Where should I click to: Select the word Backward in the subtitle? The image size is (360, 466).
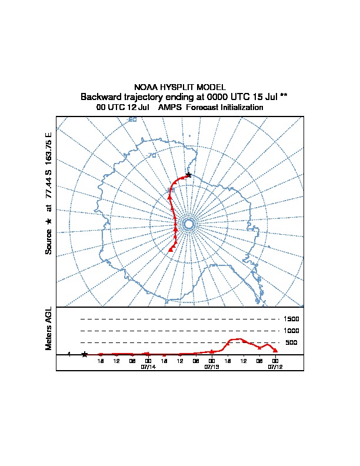pos(101,96)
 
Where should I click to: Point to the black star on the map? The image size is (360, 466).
pos(188,175)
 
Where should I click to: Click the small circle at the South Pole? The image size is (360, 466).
pos(188,224)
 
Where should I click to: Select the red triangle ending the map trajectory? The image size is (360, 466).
pos(171,249)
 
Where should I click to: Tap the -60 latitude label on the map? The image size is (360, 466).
pos(132,119)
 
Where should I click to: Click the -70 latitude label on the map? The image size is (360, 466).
pos(153,155)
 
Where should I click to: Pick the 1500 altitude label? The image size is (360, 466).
pos(292,319)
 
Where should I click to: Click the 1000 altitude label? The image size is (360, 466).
pos(292,331)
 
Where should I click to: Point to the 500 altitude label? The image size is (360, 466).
pos(291,342)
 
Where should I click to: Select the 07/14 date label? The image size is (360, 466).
pos(148,366)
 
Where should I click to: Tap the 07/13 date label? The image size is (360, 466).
pos(211,366)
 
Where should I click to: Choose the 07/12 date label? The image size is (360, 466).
pos(275,366)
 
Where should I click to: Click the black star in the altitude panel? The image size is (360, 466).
pos(85,354)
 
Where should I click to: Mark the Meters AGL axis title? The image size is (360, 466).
pos(49,329)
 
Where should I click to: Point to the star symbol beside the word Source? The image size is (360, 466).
pos(49,221)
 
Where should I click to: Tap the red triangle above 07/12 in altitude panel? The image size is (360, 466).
pos(275,350)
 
